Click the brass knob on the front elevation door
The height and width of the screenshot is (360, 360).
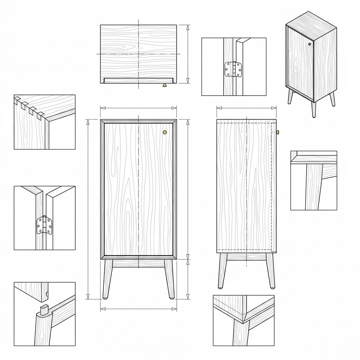click(165, 132)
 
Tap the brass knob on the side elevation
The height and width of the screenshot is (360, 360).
click(277, 132)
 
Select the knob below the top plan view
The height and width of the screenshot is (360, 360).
click(164, 85)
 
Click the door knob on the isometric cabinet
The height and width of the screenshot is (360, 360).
click(309, 44)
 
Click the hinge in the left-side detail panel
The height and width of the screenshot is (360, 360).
click(45, 225)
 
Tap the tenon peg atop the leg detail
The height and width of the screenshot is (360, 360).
click(44, 310)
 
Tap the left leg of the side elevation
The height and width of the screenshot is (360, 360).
click(222, 271)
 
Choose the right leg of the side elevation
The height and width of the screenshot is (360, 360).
click(271, 271)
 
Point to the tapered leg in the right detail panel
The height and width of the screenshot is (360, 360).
click(314, 186)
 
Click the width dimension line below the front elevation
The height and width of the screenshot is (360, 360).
click(139, 309)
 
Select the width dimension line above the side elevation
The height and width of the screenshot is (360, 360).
click(246, 108)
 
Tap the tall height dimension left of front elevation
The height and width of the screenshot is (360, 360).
click(88, 209)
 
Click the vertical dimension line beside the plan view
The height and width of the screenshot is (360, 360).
click(188, 54)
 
